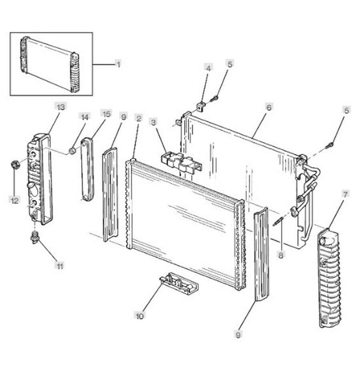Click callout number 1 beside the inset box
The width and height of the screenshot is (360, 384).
pyautogui.click(x=119, y=65)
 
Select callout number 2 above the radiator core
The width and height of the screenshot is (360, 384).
pyautogui.click(x=139, y=118)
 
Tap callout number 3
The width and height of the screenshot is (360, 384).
pyautogui.click(x=153, y=122)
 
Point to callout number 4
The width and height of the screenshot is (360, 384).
pyautogui.click(x=208, y=68)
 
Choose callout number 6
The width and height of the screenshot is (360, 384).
pyautogui.click(x=269, y=108)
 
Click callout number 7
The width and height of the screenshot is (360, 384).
pyautogui.click(x=345, y=195)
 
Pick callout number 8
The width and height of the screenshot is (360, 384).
pyautogui.click(x=281, y=255)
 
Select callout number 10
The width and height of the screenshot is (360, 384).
pyautogui.click(x=140, y=316)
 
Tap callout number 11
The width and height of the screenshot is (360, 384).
pyautogui.click(x=60, y=266)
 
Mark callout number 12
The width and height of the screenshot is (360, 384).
pyautogui.click(x=15, y=200)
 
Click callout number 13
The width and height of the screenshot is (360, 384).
pyautogui.click(x=61, y=107)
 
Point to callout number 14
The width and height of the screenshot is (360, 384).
pyautogui.click(x=84, y=117)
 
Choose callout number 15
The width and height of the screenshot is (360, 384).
pyautogui.click(x=106, y=114)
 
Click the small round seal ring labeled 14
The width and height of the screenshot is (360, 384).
pyautogui.click(x=72, y=151)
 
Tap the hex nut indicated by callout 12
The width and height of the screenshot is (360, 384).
pyautogui.click(x=15, y=164)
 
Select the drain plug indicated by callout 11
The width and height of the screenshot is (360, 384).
pyautogui.click(x=35, y=237)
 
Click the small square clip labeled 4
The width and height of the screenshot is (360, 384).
pyautogui.click(x=201, y=106)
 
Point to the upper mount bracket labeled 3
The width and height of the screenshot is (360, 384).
pyautogui.click(x=182, y=163)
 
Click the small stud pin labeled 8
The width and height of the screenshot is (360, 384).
pyautogui.click(x=278, y=222)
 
